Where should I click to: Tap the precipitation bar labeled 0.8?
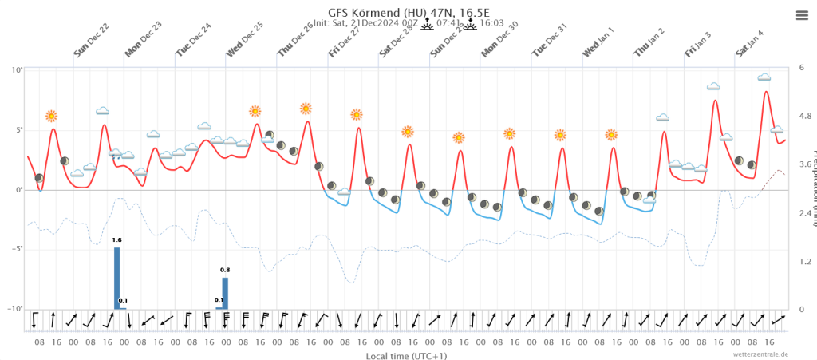[225, 292]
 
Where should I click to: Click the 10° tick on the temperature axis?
[16, 70]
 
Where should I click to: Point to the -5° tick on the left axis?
[15, 249]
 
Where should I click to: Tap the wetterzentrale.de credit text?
[761, 354]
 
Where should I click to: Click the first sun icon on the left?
[52, 116]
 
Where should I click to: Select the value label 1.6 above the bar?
[117, 239]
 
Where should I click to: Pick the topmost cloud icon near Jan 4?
[764, 77]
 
